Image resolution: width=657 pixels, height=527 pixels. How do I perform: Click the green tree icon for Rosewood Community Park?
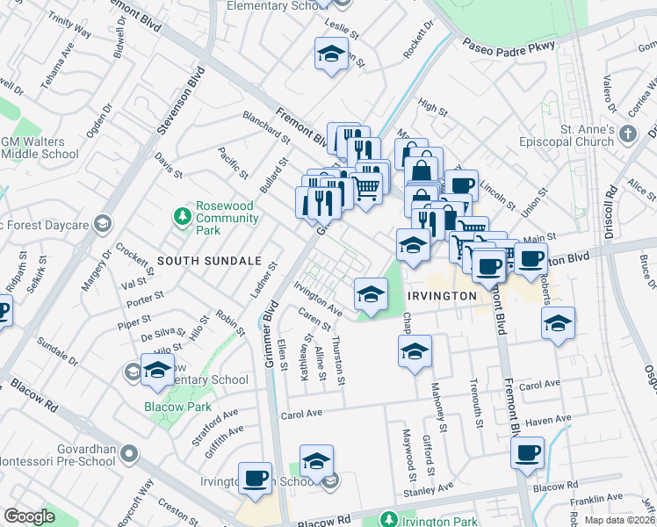(x=183, y=215)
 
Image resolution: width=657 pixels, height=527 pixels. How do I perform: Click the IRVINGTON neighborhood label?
(x=442, y=296)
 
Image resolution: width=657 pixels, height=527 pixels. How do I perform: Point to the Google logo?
(x=29, y=516)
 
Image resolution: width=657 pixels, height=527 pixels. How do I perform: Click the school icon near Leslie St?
(x=332, y=54)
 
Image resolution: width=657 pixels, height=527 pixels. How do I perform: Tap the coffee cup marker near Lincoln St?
(x=461, y=185)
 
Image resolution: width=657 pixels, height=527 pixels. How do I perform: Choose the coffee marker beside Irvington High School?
(x=255, y=478)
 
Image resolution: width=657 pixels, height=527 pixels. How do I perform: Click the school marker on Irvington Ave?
(x=371, y=294)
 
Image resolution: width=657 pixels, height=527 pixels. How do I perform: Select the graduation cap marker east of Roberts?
(x=558, y=323)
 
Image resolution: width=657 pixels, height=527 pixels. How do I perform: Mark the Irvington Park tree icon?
(x=388, y=520)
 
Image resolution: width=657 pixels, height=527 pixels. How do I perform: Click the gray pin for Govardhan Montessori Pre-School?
(x=130, y=454)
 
